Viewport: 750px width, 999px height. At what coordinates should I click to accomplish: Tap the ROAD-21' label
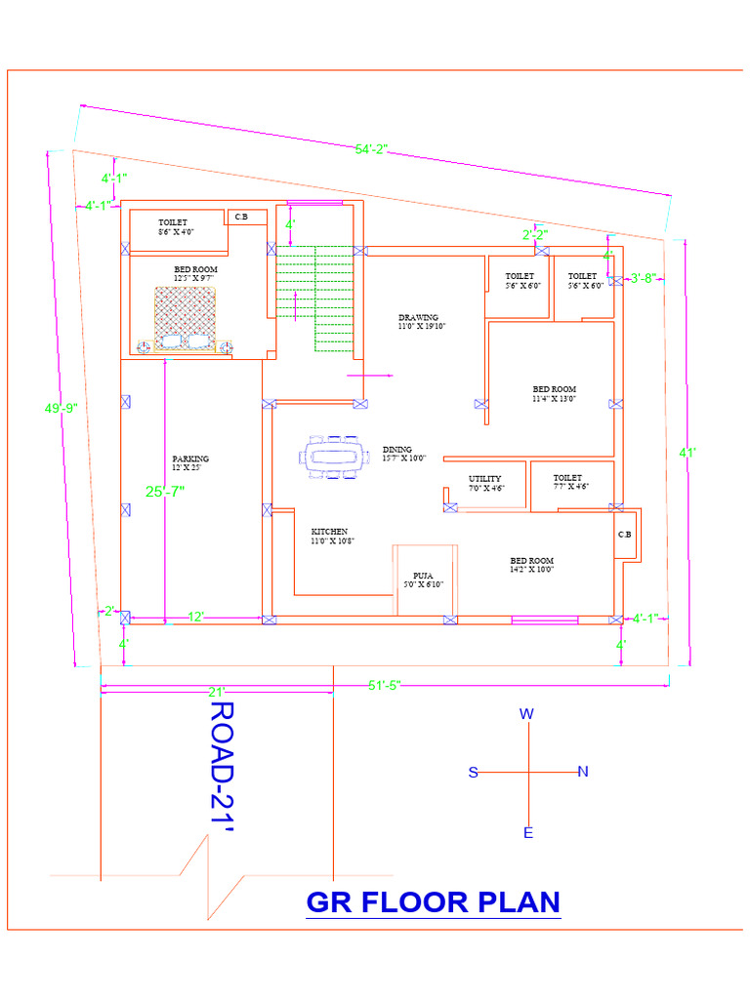tap(225, 767)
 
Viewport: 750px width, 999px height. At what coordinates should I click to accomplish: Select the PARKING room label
tap(190, 462)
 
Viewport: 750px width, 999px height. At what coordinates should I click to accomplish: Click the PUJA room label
tap(424, 579)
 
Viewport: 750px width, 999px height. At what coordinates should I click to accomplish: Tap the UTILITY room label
tap(485, 483)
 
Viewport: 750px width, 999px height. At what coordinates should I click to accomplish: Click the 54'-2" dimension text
tap(371, 149)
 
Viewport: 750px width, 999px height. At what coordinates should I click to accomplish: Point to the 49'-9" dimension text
tap(59, 410)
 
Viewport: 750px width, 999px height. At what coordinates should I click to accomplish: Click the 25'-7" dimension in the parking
tap(165, 492)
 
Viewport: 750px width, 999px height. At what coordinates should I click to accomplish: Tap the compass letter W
tap(526, 714)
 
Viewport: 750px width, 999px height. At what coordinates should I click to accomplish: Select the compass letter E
tap(528, 833)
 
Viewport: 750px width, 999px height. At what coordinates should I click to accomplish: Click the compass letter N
tap(583, 772)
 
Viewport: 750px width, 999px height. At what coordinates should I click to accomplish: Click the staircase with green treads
tap(313, 298)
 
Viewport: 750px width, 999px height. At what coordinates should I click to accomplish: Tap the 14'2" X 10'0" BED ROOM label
tap(531, 565)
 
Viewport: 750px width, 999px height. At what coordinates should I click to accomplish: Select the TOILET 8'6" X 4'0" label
tap(177, 227)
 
